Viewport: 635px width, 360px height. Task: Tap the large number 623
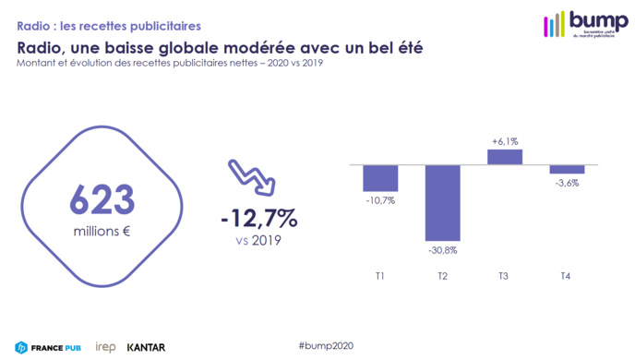102,199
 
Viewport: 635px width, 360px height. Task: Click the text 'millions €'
102,231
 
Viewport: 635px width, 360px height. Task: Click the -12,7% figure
258,219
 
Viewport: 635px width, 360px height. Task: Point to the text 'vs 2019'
258,241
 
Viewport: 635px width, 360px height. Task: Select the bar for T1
380,178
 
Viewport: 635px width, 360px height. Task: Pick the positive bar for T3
505,157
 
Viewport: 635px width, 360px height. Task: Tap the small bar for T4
567,169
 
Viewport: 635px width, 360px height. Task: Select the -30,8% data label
442,250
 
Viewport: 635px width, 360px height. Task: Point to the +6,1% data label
505,141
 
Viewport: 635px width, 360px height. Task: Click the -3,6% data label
567,183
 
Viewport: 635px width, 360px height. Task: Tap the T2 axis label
442,277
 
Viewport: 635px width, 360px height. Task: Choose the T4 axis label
567,277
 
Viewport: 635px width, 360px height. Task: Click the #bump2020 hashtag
325,343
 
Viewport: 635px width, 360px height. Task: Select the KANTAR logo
146,347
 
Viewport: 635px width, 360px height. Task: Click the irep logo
104,347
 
